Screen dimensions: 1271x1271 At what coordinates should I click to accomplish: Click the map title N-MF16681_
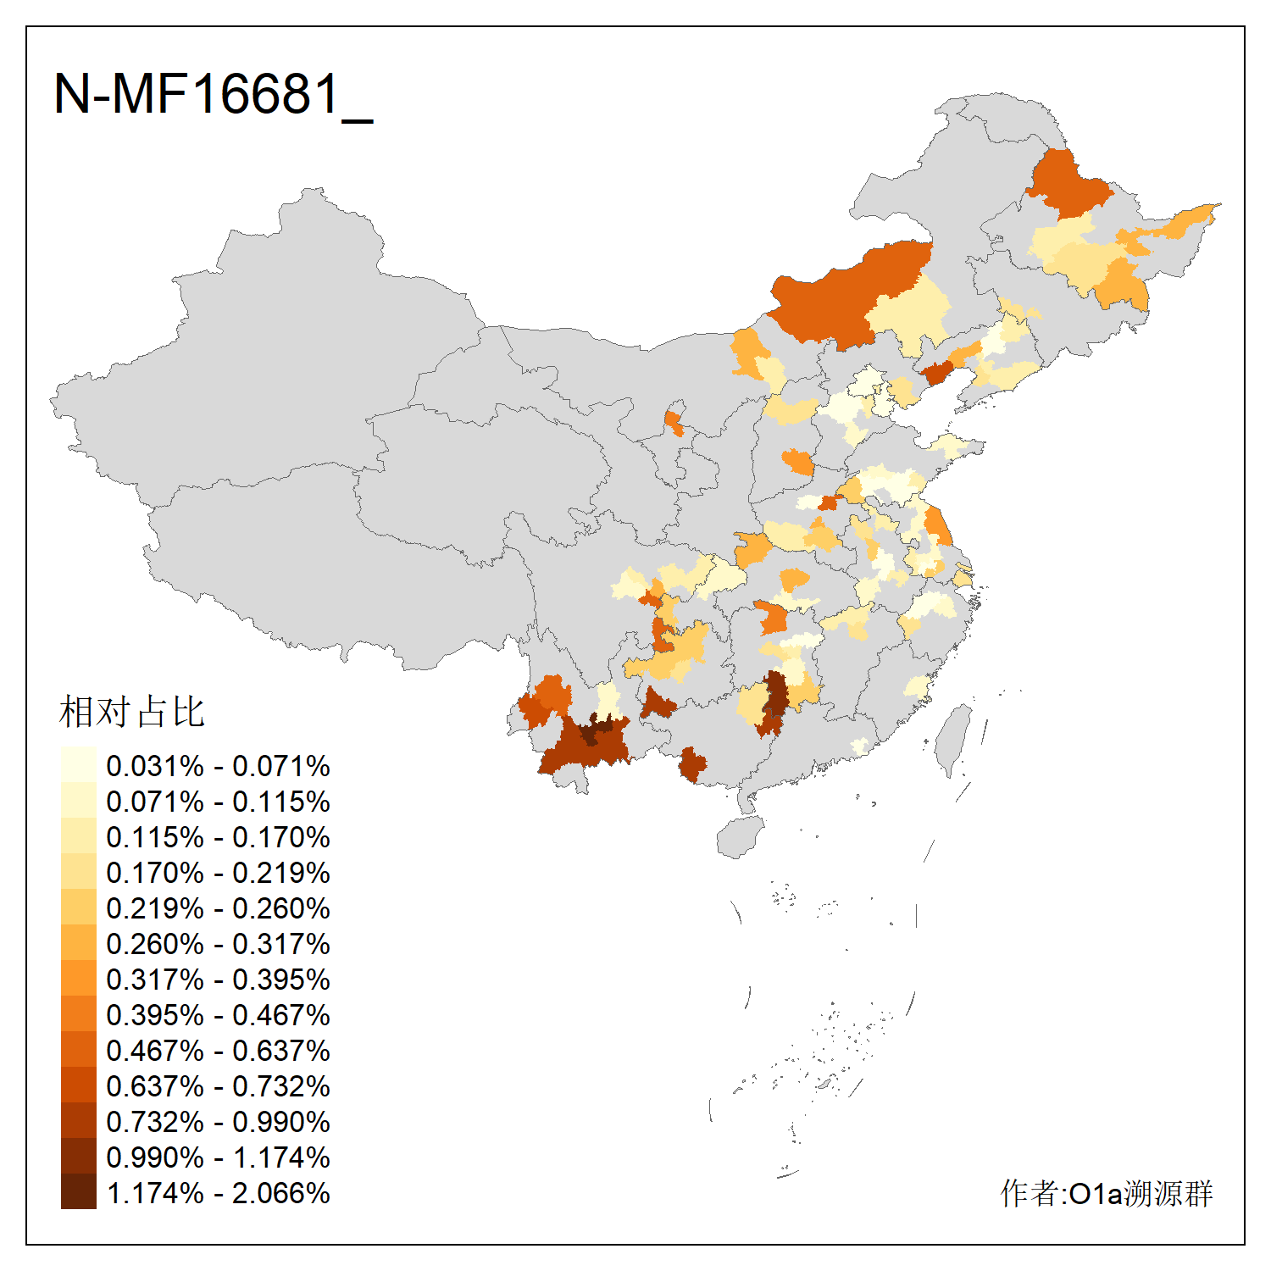[213, 94]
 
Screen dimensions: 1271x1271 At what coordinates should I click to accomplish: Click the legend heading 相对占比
[132, 712]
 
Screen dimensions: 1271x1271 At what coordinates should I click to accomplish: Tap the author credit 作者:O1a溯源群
[1106, 1193]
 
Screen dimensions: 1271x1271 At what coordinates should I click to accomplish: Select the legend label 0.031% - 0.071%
[218, 766]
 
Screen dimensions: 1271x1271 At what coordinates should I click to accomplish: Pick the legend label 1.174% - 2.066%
[218, 1193]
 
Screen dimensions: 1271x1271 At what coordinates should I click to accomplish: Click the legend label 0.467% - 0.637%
[218, 1051]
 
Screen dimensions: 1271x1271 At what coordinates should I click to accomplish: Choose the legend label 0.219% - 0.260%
[218, 908]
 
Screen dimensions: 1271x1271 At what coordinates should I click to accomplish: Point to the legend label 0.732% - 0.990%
[218, 1122]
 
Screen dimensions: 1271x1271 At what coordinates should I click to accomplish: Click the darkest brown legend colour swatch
[78, 1191]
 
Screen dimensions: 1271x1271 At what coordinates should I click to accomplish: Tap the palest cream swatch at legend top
[78, 764]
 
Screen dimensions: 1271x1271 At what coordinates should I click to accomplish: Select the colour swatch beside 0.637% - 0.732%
[78, 1085]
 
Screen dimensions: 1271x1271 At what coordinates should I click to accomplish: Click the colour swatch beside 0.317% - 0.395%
[78, 978]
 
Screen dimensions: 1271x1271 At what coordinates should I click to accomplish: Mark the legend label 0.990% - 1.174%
[218, 1157]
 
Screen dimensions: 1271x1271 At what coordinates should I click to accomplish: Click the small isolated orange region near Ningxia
[674, 422]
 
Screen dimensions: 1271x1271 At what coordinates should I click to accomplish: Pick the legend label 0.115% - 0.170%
[218, 837]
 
